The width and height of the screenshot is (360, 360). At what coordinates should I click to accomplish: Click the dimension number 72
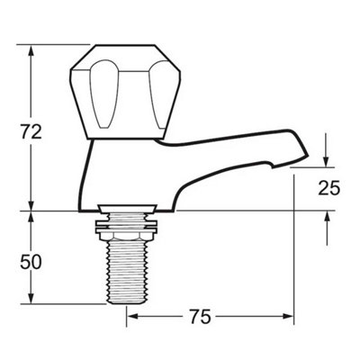tap(31, 131)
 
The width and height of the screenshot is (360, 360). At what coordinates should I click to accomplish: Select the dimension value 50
tap(31, 262)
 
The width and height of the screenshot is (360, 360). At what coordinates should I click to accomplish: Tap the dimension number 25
tap(329, 188)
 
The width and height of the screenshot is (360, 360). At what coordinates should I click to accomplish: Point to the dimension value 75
tap(200, 317)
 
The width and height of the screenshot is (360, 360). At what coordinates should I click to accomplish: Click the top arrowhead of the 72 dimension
tap(31, 51)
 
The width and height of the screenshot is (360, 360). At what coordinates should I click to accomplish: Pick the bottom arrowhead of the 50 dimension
tap(31, 297)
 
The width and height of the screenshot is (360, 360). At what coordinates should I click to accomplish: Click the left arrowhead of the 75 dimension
tap(132, 316)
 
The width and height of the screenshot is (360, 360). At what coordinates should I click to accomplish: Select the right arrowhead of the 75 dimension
tap(287, 316)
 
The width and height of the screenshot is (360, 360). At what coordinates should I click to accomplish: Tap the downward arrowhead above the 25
tap(327, 161)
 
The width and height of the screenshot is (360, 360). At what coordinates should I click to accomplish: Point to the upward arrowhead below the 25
tap(327, 217)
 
